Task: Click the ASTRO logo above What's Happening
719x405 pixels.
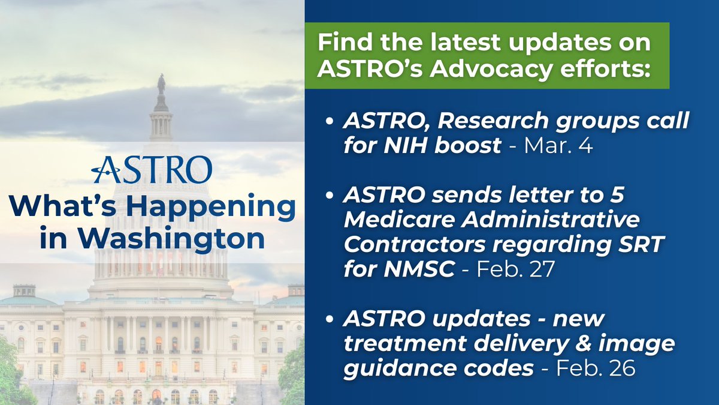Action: [152, 169]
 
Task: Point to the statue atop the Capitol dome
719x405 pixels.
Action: [161, 84]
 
